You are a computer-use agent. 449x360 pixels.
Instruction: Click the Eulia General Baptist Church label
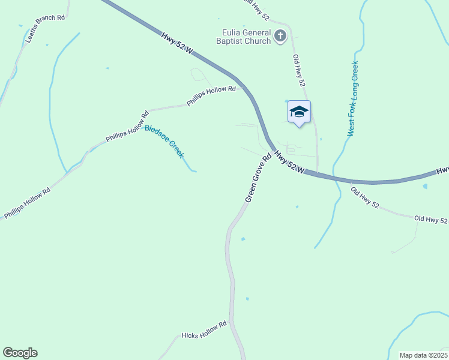click(244, 37)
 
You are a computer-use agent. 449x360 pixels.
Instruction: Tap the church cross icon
click(280, 37)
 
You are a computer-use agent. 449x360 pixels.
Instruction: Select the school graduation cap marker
click(299, 112)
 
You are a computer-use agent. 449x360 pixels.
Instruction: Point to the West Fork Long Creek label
click(353, 98)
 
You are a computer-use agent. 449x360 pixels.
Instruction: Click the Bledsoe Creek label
click(164, 141)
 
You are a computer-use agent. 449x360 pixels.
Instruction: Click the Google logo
click(20, 353)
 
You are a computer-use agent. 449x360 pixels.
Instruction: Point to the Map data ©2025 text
click(423, 355)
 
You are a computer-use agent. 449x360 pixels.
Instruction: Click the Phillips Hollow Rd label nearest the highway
click(211, 96)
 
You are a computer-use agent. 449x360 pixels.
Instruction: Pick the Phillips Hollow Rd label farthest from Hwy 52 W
click(27, 203)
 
